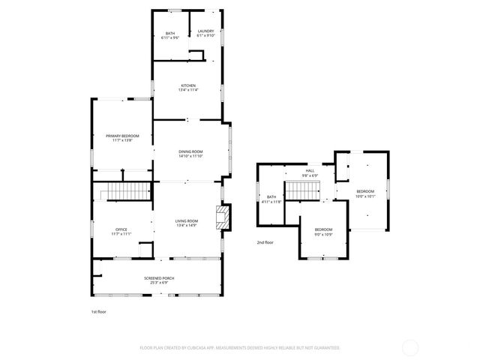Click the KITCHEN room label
187,86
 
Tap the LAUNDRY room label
205,31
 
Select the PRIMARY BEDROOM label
122,136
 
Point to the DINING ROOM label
190,152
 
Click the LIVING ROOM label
187,220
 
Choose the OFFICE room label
121,229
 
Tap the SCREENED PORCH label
159,278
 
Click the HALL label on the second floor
310,171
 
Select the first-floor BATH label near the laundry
169,31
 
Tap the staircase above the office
121,192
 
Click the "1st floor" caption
99,311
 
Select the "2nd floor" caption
265,242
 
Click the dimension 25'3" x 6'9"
159,283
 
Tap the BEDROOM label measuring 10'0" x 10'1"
365,191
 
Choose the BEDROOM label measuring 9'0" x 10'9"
323,229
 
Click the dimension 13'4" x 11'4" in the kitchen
187,91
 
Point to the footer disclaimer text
240,348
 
